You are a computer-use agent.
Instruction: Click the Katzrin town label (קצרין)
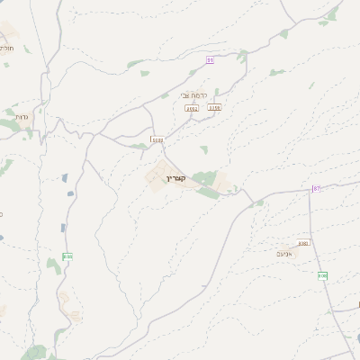tap(175, 178)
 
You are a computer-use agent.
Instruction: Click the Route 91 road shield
tap(211, 60)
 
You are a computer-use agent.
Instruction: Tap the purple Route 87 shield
tap(317, 188)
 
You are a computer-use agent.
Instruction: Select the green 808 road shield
tap(322, 275)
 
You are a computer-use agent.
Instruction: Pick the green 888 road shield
tap(67, 256)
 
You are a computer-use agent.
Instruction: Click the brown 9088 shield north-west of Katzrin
tap(157, 140)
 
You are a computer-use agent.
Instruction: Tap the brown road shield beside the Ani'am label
tap(302, 243)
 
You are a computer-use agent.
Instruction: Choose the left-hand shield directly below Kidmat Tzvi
tap(192, 108)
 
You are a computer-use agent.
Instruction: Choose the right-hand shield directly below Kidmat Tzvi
tap(213, 108)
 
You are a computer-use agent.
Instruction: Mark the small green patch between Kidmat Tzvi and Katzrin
tap(203, 149)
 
